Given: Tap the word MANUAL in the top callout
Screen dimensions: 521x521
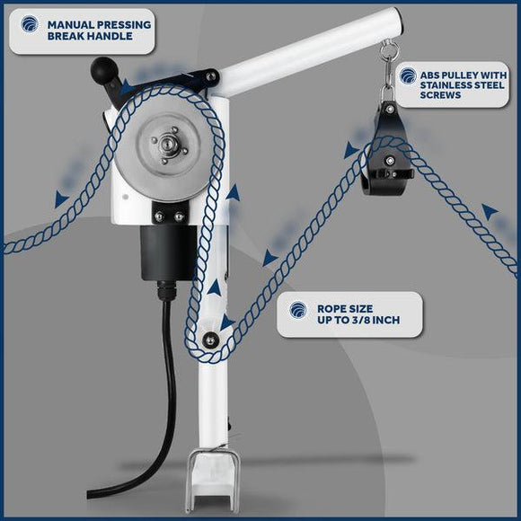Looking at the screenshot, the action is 70,25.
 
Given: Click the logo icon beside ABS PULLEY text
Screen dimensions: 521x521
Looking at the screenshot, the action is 408,75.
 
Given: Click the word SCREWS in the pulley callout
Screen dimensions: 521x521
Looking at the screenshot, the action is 440,95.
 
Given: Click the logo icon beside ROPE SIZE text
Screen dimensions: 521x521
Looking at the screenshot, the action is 297,310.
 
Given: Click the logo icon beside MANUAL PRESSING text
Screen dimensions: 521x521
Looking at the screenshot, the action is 30,24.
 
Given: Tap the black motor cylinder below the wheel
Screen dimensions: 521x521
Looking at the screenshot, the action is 168,252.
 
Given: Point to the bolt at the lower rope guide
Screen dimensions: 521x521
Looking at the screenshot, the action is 211,340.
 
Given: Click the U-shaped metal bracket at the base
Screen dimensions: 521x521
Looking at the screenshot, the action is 211,479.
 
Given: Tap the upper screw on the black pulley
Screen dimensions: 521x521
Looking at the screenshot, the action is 390,109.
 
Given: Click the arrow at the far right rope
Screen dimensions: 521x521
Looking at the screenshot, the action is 490,212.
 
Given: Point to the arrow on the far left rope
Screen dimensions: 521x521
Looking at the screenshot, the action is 61,199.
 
